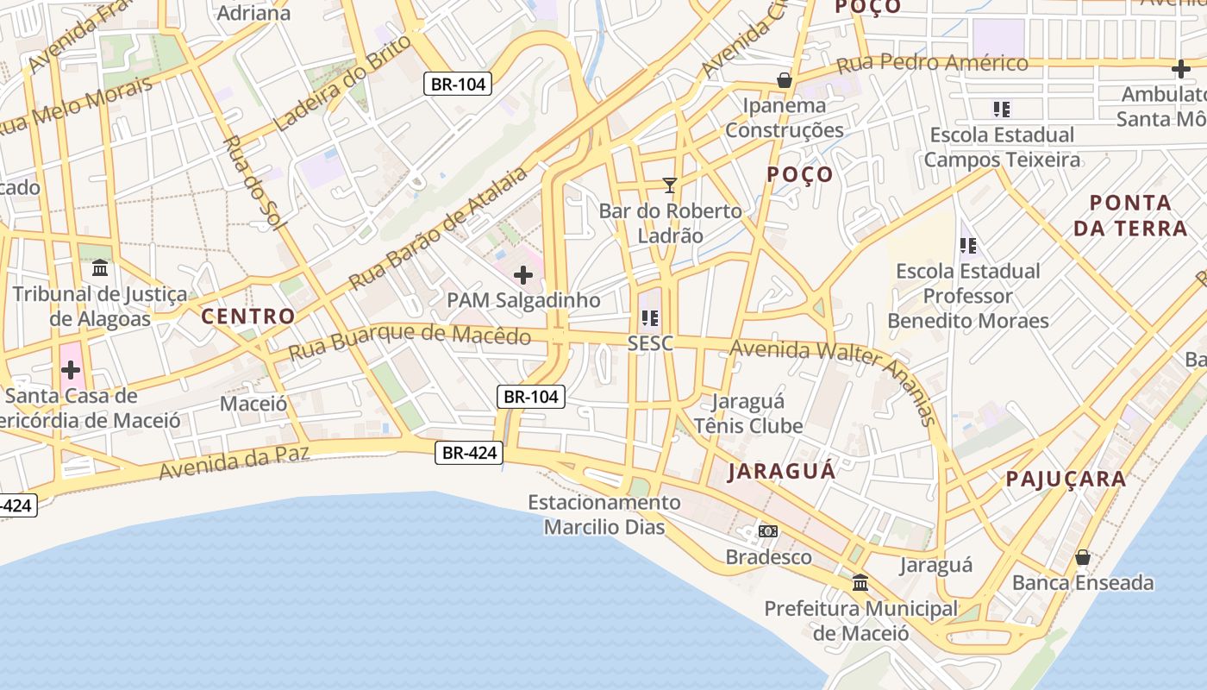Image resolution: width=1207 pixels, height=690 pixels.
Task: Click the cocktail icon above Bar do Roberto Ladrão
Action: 669,185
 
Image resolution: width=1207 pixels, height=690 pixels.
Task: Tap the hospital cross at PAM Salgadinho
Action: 522,276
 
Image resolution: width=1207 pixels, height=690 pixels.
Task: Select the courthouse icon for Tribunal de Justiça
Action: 100,268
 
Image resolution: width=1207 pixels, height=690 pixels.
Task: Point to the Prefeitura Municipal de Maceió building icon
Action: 860,583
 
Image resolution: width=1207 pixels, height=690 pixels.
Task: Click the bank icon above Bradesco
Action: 767,530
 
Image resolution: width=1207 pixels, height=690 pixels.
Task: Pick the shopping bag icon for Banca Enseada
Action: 1083,557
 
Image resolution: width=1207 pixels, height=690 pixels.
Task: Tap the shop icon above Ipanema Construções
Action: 785,80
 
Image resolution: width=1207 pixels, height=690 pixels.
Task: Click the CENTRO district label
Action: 248,316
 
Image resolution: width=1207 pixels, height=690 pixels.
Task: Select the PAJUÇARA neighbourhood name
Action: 1066,479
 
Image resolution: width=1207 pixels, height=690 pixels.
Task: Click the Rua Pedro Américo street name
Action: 933,63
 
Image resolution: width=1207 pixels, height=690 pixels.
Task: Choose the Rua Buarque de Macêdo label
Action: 410,342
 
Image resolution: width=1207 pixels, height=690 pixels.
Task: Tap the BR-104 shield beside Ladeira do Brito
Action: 458,84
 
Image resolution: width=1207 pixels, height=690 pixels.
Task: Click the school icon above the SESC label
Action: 650,318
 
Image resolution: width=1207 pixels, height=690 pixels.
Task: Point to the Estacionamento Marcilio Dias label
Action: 603,514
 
